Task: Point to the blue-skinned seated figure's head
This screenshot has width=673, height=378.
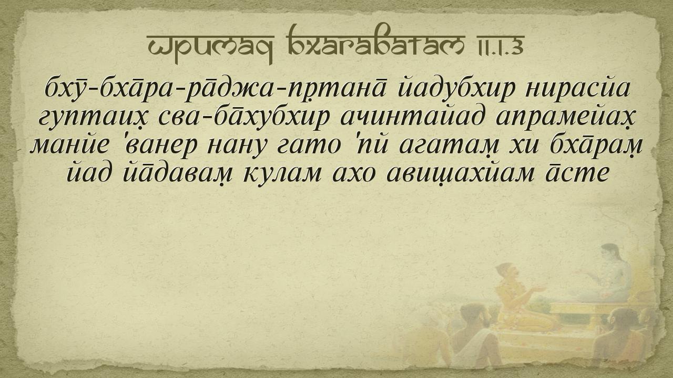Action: click(x=610, y=254)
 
